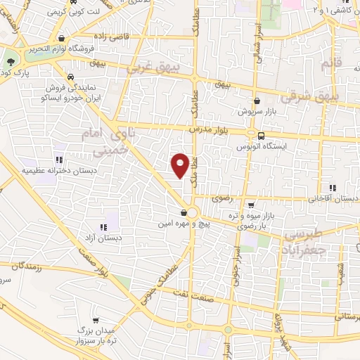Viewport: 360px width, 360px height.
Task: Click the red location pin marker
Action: coord(181,165)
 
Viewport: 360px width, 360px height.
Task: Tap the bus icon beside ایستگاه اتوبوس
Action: coord(262,136)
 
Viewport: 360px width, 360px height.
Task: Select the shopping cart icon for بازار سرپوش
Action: coord(257,101)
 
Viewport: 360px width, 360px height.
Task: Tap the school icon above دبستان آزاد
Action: coord(103,226)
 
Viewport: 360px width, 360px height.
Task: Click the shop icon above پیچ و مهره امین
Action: coord(184,212)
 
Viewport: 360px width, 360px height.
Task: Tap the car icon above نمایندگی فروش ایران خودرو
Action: coord(70,77)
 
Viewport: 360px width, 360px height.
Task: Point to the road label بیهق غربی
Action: coord(152,71)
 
